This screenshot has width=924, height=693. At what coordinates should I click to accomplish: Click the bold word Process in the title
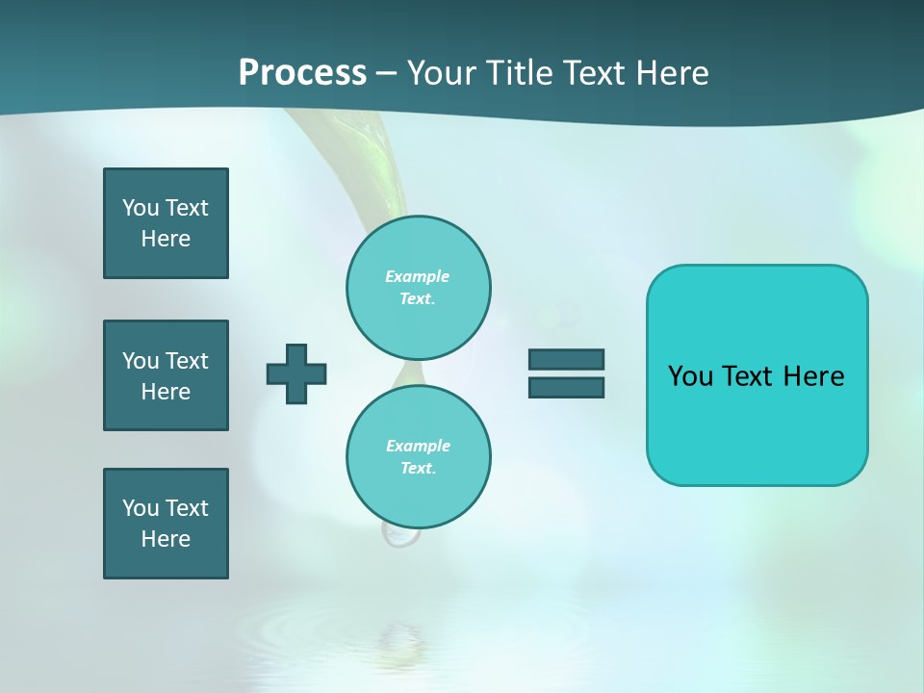tap(302, 73)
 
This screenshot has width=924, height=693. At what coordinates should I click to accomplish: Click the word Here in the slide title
tap(671, 73)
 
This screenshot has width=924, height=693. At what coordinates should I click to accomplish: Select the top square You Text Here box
tap(166, 223)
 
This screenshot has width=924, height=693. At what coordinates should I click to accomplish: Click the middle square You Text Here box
tap(166, 375)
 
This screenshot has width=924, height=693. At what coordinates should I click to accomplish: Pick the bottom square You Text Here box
tap(166, 524)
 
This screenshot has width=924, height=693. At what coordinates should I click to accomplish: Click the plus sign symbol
tap(296, 373)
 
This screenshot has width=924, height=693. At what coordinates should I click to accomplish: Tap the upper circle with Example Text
tap(418, 288)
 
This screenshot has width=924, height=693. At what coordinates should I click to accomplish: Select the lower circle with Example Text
tap(418, 457)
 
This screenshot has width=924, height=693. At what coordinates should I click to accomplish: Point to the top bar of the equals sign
tap(566, 360)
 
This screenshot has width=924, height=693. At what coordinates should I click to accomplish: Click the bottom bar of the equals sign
tap(566, 388)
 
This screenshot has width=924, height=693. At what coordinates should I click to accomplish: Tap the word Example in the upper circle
tap(417, 276)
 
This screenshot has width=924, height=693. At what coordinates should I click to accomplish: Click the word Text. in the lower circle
tap(418, 469)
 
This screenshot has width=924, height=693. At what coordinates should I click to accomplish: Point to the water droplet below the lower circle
tap(399, 535)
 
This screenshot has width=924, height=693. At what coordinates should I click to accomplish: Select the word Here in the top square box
tap(166, 239)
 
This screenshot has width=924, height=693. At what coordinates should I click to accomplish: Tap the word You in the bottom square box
tap(140, 508)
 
